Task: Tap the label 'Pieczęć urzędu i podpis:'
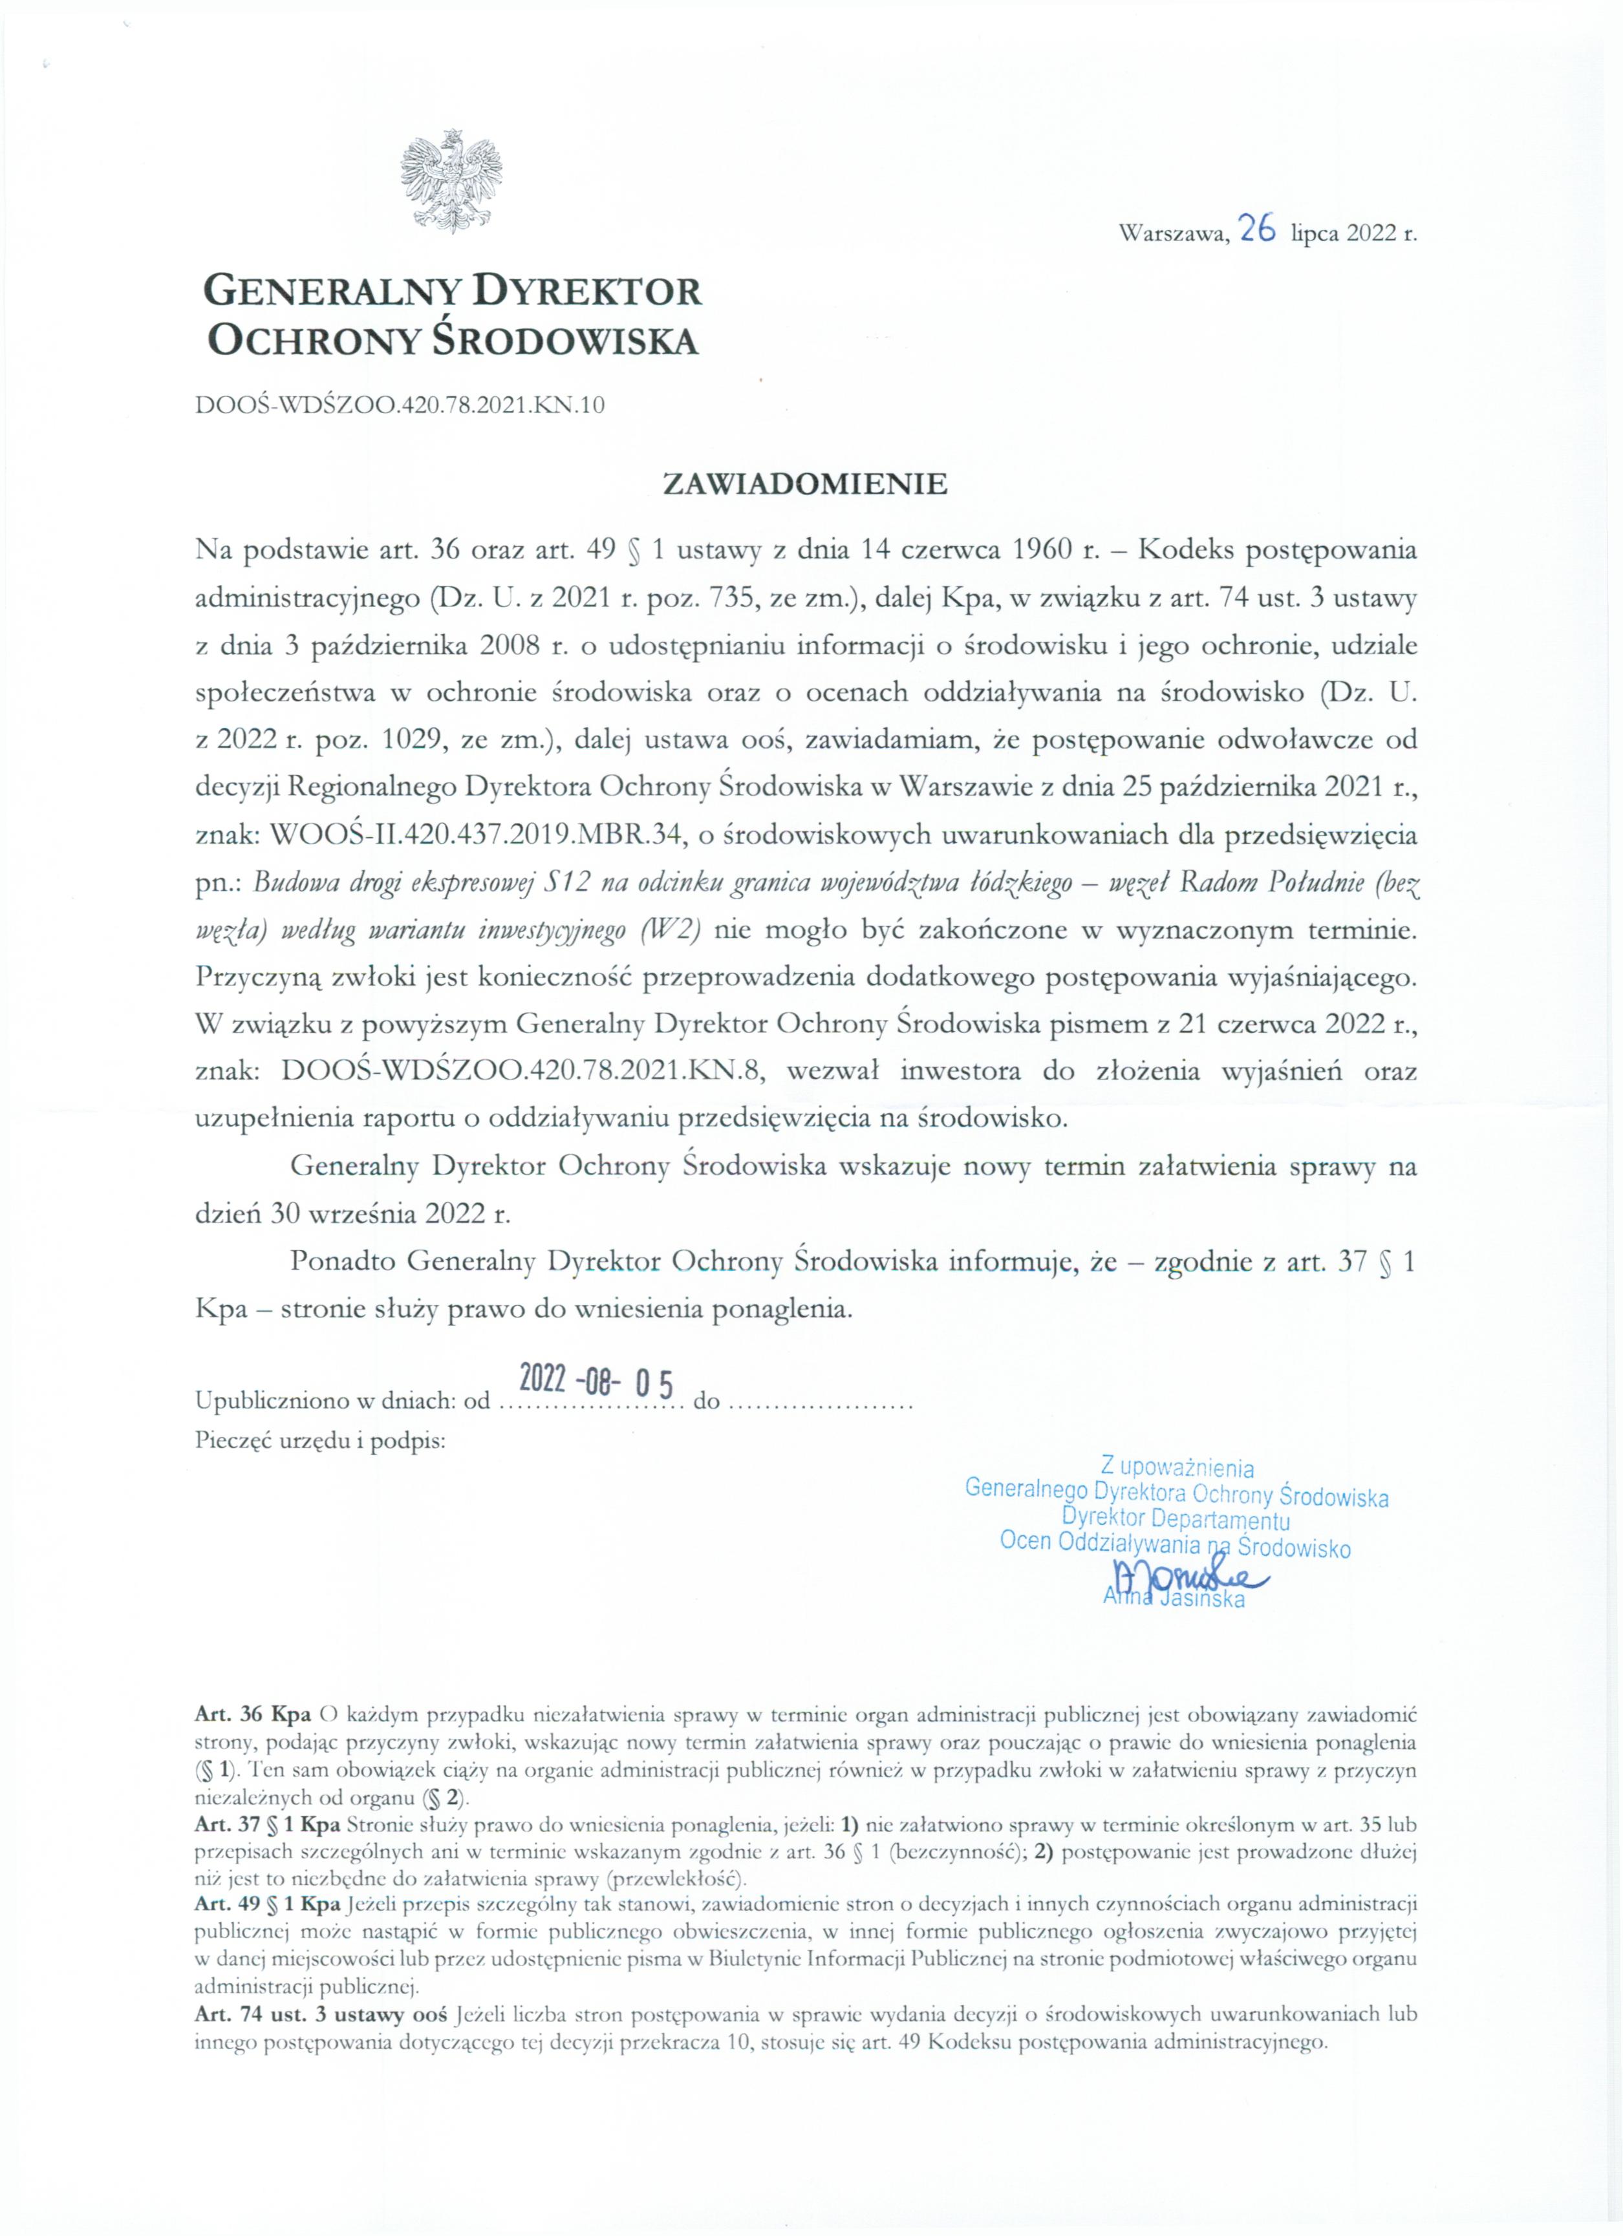[x=321, y=1442]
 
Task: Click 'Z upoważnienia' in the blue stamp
[x=1177, y=1469]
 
